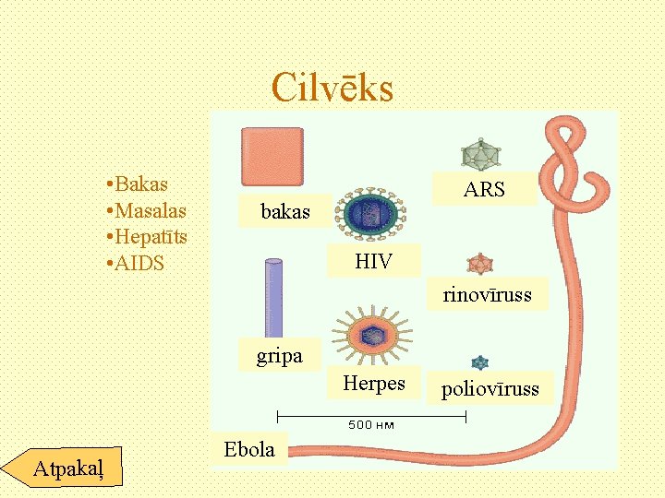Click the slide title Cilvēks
332,89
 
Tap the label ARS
484,190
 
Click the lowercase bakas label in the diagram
285,212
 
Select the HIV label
373,262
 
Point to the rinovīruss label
487,296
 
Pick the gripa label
279,355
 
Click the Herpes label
374,383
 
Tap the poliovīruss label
490,389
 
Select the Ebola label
249,450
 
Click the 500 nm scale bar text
371,425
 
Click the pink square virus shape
272,157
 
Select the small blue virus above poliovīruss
479,363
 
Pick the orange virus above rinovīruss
480,264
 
